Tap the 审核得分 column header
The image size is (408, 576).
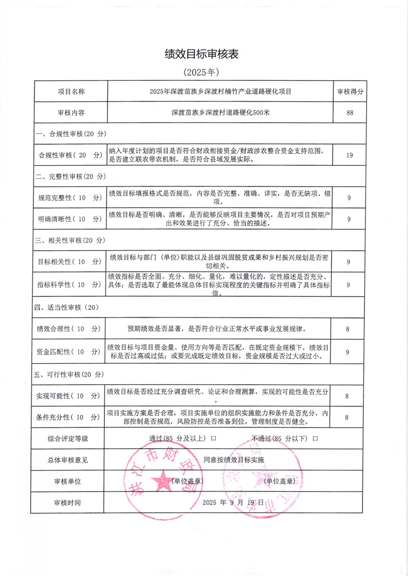[350, 92]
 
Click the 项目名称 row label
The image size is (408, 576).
[71, 92]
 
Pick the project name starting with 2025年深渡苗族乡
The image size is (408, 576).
[220, 92]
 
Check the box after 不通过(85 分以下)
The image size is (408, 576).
[316, 438]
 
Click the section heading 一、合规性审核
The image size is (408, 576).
[70, 134]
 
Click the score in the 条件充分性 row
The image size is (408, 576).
[348, 417]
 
